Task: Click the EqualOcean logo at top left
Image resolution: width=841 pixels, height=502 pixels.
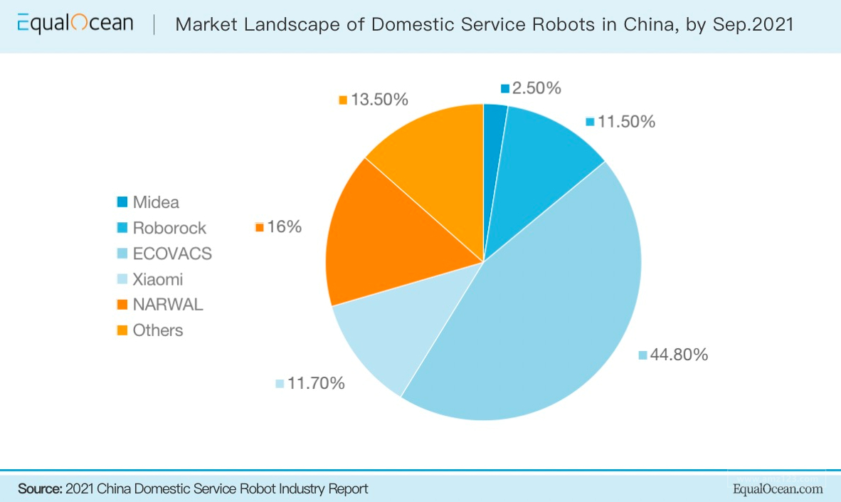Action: (x=75, y=24)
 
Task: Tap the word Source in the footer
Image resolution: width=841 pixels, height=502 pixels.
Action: (x=40, y=489)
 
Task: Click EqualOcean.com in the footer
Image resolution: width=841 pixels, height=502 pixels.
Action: (x=778, y=489)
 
